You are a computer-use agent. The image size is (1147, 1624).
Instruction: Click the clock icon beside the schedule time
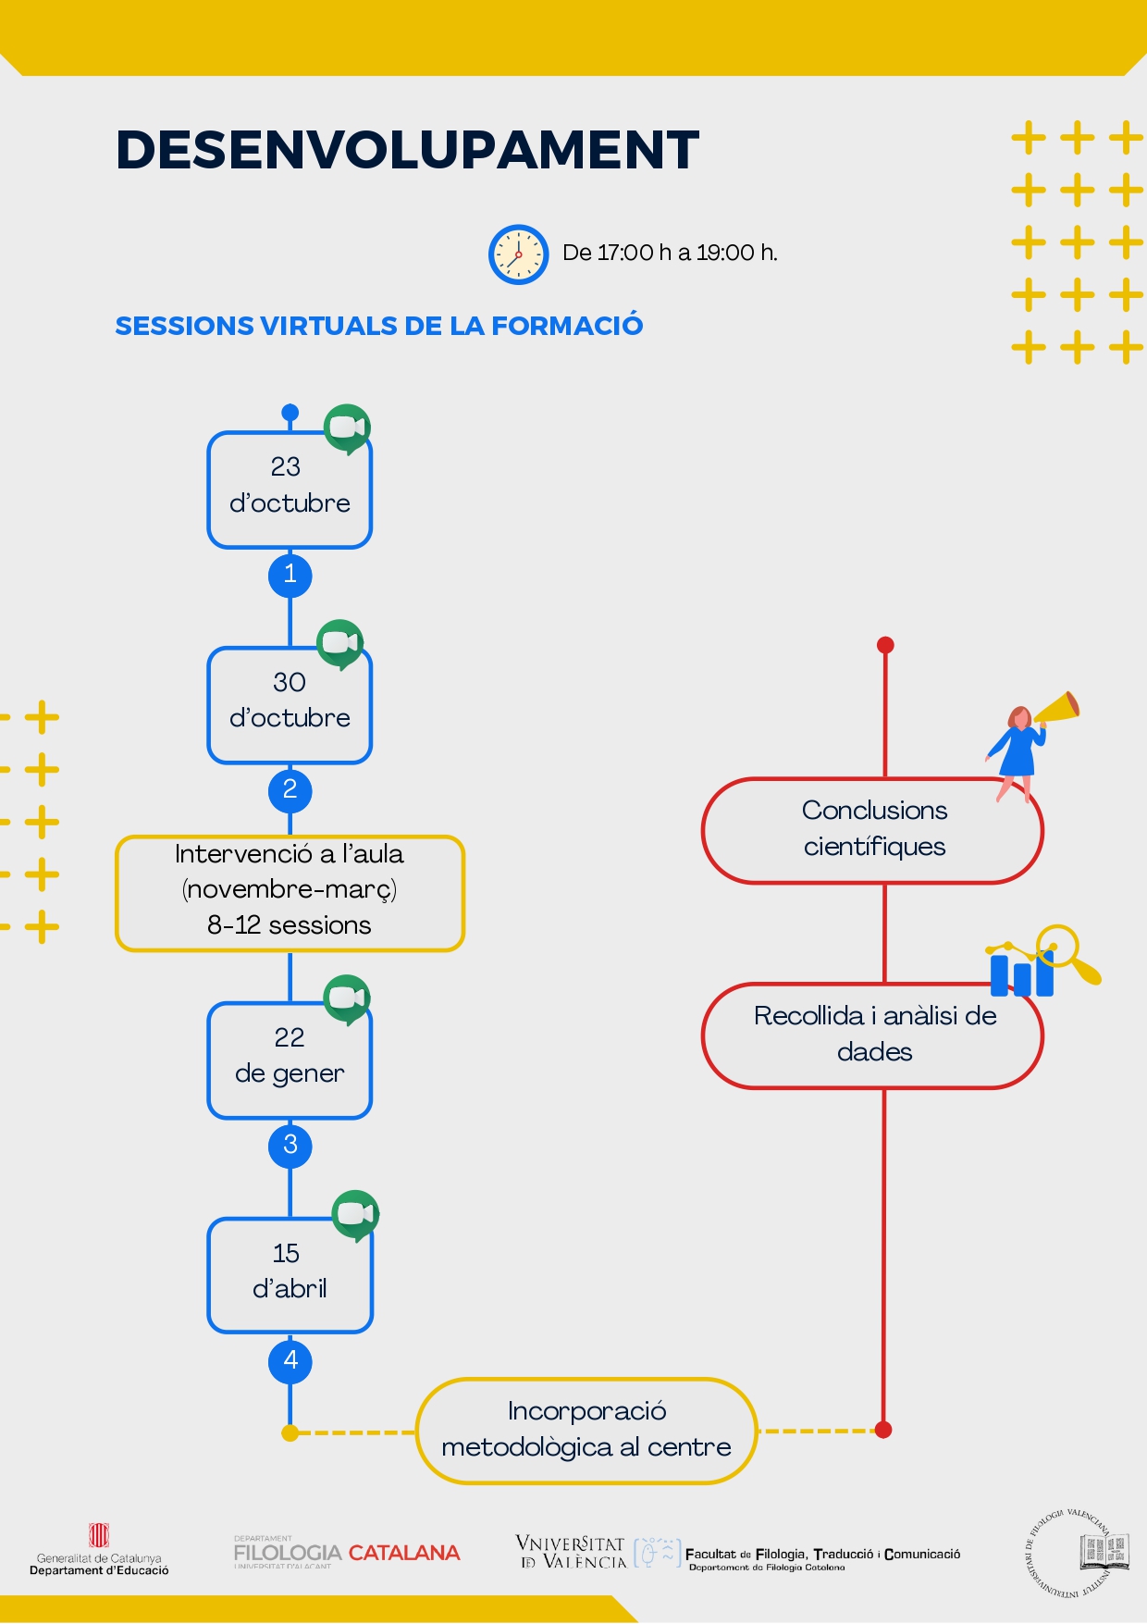tap(518, 254)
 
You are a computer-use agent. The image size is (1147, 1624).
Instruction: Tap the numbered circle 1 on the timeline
tap(290, 575)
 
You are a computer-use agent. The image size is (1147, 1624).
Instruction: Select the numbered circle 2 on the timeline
tap(290, 790)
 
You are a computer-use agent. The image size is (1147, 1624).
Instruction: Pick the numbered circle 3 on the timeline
tap(290, 1146)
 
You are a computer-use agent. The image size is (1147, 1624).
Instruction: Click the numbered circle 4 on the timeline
tap(290, 1361)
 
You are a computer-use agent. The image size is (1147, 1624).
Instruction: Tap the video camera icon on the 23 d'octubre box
tap(347, 428)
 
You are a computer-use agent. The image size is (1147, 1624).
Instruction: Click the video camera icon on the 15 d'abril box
tap(355, 1214)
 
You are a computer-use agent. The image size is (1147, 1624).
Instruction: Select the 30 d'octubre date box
tap(290, 705)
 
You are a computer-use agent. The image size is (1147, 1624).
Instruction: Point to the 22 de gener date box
tap(290, 1060)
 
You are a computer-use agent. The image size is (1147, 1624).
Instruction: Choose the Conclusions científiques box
tap(872, 830)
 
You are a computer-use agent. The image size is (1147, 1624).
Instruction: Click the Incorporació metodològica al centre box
tap(586, 1431)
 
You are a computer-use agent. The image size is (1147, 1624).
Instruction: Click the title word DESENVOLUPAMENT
tap(407, 150)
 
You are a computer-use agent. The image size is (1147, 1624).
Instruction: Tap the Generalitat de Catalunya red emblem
tap(99, 1535)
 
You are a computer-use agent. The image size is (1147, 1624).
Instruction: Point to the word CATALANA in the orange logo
tap(404, 1553)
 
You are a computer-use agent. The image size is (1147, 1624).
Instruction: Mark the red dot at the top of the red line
tap(885, 645)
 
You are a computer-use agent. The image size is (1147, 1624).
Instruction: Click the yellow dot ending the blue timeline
tap(290, 1433)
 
